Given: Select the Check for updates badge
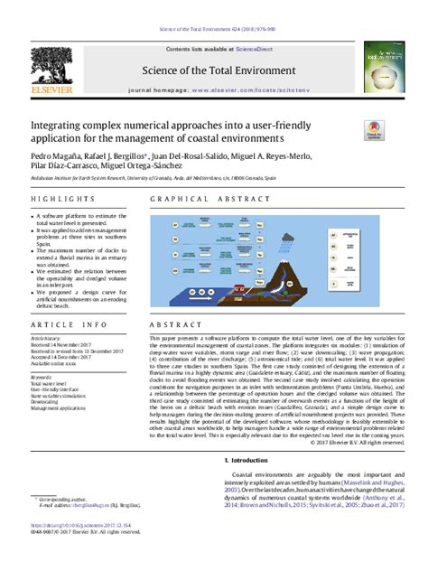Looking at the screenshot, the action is pyautogui.click(x=373, y=132).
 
